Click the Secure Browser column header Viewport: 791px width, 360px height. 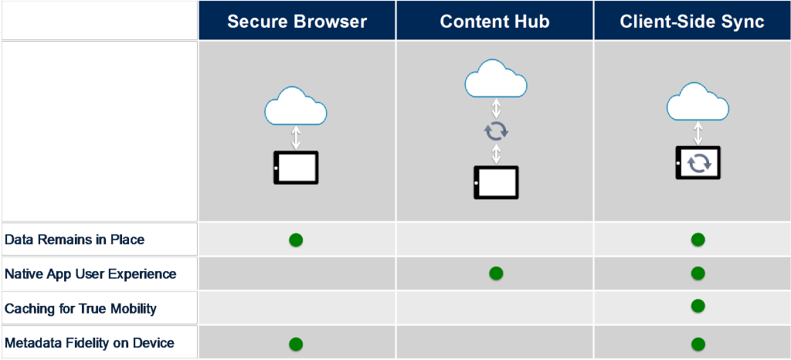[x=297, y=22]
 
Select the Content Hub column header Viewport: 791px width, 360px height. [x=494, y=22]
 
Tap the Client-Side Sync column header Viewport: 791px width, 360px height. [x=692, y=22]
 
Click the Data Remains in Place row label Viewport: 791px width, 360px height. [x=74, y=239]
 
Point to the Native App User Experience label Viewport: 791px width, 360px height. [x=90, y=274]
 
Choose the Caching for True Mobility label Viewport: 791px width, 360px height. [x=80, y=308]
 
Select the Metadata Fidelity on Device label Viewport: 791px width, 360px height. [x=90, y=343]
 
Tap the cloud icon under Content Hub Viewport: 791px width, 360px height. [x=496, y=78]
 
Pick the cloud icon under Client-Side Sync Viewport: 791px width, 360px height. [x=698, y=101]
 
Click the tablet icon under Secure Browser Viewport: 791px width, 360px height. [x=296, y=168]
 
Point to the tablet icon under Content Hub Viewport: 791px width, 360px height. [x=496, y=182]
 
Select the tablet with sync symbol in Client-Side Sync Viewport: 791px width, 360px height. [x=698, y=162]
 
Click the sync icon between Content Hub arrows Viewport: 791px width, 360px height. [x=497, y=131]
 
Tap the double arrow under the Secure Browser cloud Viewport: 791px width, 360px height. [x=296, y=138]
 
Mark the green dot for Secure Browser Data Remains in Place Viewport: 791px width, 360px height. [x=296, y=240]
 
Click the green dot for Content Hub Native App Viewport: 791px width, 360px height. [x=497, y=273]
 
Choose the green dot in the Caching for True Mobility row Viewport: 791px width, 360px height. [x=698, y=306]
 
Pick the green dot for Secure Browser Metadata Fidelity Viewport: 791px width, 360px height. [x=296, y=345]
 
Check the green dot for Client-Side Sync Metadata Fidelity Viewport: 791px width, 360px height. [x=698, y=345]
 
